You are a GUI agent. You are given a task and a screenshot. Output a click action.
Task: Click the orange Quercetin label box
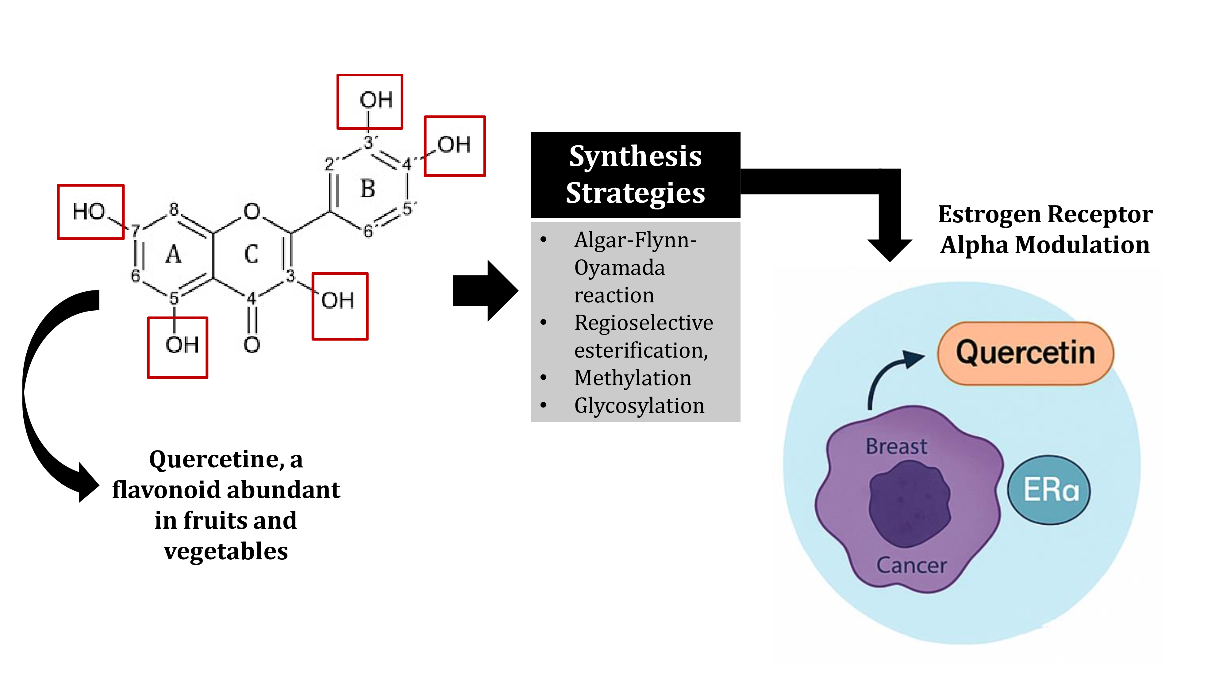tap(1025, 353)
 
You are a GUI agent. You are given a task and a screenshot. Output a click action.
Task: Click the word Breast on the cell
tap(896, 446)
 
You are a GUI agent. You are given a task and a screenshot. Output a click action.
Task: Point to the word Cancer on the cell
tap(911, 565)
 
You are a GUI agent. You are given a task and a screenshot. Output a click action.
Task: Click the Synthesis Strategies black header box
tap(635, 175)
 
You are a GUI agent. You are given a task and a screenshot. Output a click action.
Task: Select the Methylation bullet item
tap(633, 378)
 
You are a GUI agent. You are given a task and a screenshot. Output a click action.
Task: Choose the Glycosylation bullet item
tap(639, 406)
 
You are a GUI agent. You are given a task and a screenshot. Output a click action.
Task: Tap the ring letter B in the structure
tap(368, 189)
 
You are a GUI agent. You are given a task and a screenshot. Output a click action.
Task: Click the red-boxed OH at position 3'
tap(370, 101)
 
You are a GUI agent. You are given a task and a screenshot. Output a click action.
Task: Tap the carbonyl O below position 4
tap(252, 345)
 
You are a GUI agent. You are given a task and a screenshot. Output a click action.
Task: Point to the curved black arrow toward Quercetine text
tap(43, 395)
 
